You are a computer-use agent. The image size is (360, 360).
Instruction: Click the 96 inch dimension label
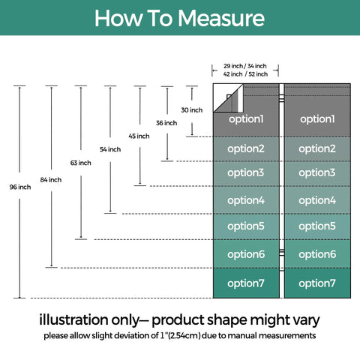pos(20,187)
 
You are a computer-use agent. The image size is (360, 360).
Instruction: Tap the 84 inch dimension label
pos(51,179)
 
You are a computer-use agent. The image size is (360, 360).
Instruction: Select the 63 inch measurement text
pos(80,163)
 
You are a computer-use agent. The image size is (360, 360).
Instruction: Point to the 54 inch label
pos(110,149)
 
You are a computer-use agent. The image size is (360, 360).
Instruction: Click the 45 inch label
pos(139,136)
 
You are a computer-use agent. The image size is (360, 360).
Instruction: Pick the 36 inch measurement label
pos(166,123)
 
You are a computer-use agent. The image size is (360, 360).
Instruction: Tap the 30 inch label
pos(192,109)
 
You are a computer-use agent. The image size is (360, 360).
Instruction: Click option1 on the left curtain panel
pos(246,119)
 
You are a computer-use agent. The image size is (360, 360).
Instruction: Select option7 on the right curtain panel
pos(317,283)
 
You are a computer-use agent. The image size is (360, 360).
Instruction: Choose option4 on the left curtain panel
pos(246,200)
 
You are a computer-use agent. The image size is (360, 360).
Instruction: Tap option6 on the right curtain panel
pos(317,254)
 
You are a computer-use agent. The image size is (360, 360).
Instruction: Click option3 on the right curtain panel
pos(317,172)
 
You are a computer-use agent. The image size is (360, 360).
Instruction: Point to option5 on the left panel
pos(246,226)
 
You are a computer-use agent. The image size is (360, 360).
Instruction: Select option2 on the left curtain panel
pos(246,149)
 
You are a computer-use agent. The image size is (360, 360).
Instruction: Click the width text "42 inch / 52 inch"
pos(245,74)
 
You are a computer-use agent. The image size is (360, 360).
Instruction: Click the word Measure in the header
pos(221,19)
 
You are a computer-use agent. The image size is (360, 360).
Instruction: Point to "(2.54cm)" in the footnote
pos(184,335)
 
